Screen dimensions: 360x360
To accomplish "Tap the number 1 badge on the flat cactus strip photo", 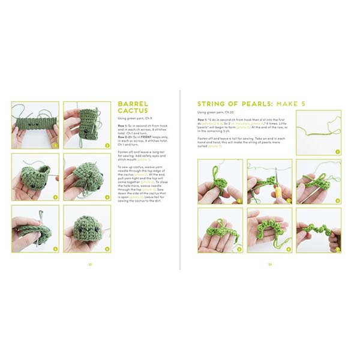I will coord(55,145).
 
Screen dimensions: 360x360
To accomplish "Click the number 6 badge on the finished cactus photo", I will coord(107,248).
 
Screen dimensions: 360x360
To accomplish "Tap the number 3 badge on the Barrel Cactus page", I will coord(55,196).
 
